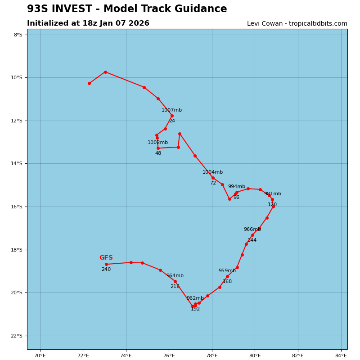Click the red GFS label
[x=106, y=258]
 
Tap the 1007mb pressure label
[x=171, y=110]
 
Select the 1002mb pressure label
[x=157, y=143]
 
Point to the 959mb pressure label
[x=227, y=271]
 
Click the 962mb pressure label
[x=195, y=298]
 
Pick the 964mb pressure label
[x=175, y=276]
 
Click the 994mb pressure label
[x=236, y=187]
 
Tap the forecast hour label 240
[x=106, y=270]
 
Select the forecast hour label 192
[x=195, y=309]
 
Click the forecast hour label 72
[x=213, y=183]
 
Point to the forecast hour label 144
[x=252, y=240]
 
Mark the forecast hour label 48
[x=158, y=153]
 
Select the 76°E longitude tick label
[x=169, y=356]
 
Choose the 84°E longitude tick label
[x=341, y=356]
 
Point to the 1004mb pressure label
[x=212, y=172]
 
